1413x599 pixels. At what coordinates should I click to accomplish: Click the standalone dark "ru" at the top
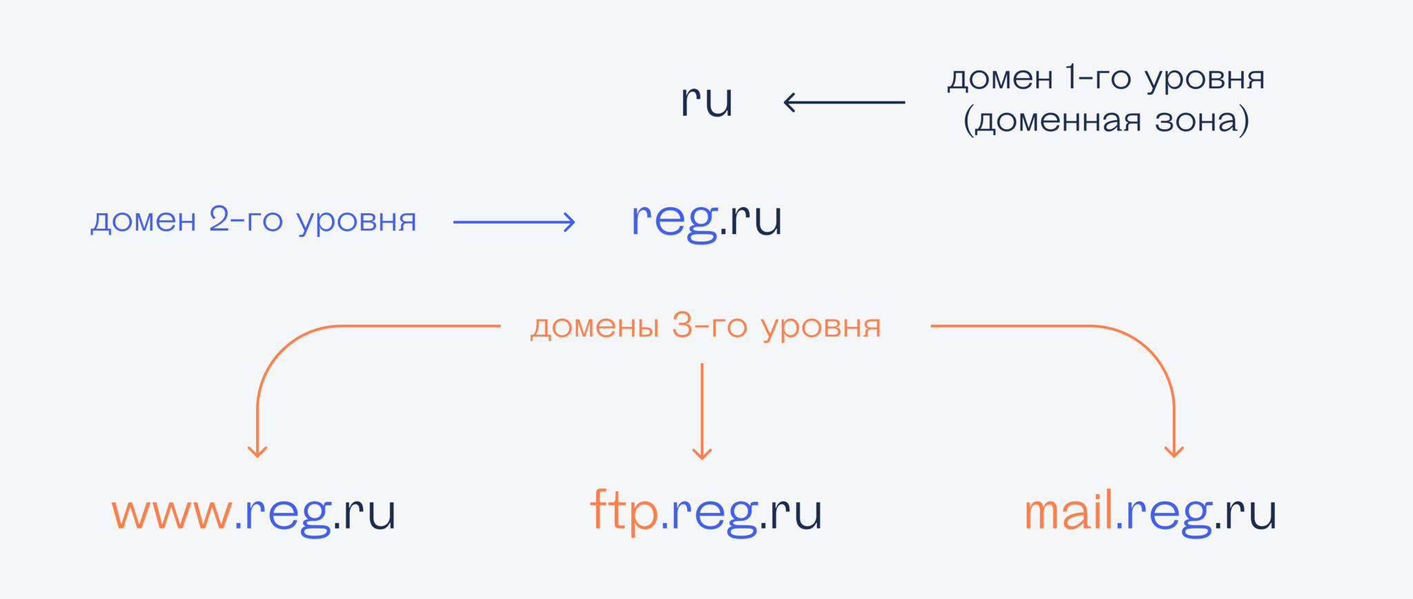tap(706, 101)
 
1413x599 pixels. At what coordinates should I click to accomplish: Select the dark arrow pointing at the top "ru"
tap(844, 102)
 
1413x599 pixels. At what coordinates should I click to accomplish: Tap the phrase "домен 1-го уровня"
tap(1106, 79)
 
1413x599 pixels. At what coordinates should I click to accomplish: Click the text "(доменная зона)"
tap(1106, 120)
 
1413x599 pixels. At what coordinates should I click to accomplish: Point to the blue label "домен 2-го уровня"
tap(254, 221)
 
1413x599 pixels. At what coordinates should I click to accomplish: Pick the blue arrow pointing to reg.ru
tap(514, 222)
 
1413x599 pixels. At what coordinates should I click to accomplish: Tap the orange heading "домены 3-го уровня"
tap(706, 326)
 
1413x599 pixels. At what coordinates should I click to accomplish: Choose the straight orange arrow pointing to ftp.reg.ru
tap(702, 411)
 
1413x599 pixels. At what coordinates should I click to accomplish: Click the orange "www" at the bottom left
tap(172, 514)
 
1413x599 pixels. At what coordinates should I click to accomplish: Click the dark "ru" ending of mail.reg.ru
tap(1251, 514)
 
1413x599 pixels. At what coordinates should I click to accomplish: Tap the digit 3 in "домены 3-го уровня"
tap(682, 325)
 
